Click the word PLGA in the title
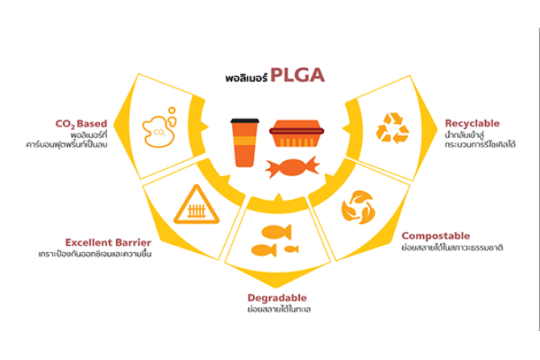coord(297,75)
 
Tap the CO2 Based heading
coord(81,124)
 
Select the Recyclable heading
coord(472,123)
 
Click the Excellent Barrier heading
coord(108,242)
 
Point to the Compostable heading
coord(436,236)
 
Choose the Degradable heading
coord(277,298)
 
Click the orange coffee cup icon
coord(245,143)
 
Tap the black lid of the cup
coord(245,121)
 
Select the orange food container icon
coord(297,134)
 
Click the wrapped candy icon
coord(293,167)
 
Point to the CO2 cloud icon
coord(159,127)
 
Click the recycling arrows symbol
coord(393,128)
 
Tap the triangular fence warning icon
coord(197,205)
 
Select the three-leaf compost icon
coord(358,207)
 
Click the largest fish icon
coord(276,232)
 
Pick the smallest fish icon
coord(292,249)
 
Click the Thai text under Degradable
coord(279,309)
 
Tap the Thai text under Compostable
coord(452,247)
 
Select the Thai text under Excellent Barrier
coord(95,254)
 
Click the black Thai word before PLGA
coord(247,78)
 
